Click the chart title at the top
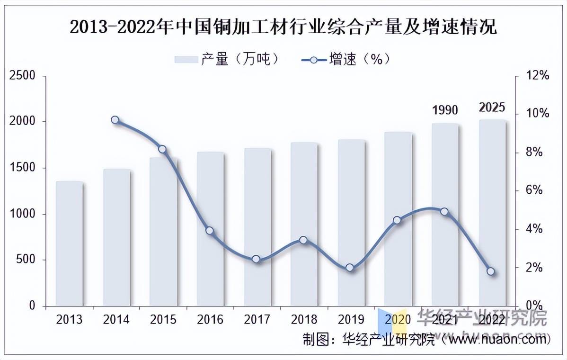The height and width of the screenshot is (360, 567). coord(283,27)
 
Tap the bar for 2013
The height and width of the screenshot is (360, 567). coord(69,243)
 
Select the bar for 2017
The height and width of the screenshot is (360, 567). coord(257,227)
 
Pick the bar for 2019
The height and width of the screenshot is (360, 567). coord(351,223)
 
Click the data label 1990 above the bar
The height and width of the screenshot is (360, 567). coord(445,110)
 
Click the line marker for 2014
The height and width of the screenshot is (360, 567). coord(115,120)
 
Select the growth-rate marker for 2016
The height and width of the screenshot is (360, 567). coord(210,231)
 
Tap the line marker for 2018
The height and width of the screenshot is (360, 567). coord(303,240)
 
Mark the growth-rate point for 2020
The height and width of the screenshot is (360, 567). coord(397,220)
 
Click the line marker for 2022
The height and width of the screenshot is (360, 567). coord(491,271)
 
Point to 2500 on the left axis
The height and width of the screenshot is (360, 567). coord(23,76)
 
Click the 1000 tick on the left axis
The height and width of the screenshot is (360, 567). coord(23,214)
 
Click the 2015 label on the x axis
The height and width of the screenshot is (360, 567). coord(163,320)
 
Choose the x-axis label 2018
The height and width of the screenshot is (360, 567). coord(304,320)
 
